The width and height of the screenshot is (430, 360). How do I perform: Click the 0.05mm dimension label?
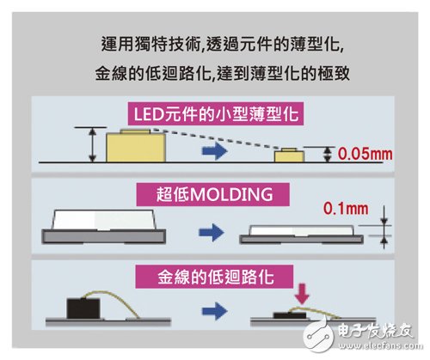click(365, 154)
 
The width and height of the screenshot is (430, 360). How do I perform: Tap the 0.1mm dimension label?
click(346, 209)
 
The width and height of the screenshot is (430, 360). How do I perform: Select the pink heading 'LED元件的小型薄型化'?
click(216, 113)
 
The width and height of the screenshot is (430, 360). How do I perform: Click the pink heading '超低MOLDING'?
click(213, 195)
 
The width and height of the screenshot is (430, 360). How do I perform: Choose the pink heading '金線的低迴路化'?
click(214, 277)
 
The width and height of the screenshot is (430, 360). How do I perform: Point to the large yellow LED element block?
click(136, 146)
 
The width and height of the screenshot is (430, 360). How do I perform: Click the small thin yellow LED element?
click(289, 156)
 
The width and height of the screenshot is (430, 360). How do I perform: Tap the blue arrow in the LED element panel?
click(215, 150)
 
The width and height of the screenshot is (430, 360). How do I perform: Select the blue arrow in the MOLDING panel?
click(212, 232)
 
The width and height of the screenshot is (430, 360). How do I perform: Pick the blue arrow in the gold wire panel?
click(214, 311)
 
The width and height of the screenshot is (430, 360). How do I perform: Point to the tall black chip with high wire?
click(83, 308)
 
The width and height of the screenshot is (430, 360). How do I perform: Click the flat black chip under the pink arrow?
click(290, 315)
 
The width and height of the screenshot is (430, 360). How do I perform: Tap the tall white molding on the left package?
click(103, 220)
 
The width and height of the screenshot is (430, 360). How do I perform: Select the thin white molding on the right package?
click(301, 230)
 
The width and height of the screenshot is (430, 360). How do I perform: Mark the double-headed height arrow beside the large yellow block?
click(92, 145)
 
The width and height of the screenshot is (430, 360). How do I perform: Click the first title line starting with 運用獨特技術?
click(223, 44)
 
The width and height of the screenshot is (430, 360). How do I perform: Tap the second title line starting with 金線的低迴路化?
click(223, 73)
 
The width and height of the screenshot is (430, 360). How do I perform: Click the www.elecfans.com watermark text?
click(380, 346)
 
